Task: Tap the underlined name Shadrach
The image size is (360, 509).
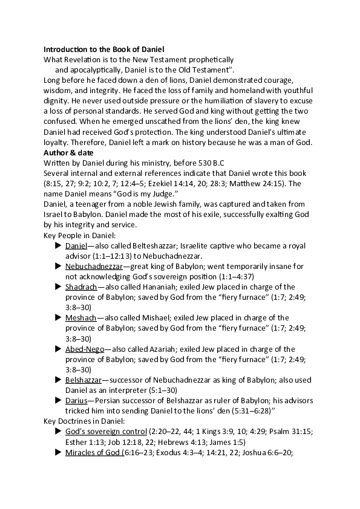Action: click(x=80, y=287)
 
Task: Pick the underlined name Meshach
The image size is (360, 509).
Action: click(x=80, y=317)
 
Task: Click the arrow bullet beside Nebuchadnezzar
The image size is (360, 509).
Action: click(x=57, y=266)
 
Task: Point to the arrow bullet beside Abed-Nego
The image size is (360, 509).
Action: click(x=57, y=349)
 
